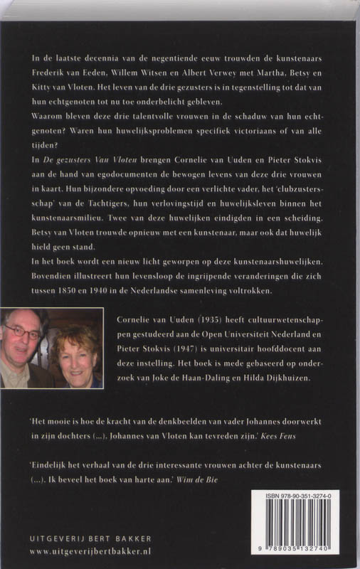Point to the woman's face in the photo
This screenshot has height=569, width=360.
pos(73,350)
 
